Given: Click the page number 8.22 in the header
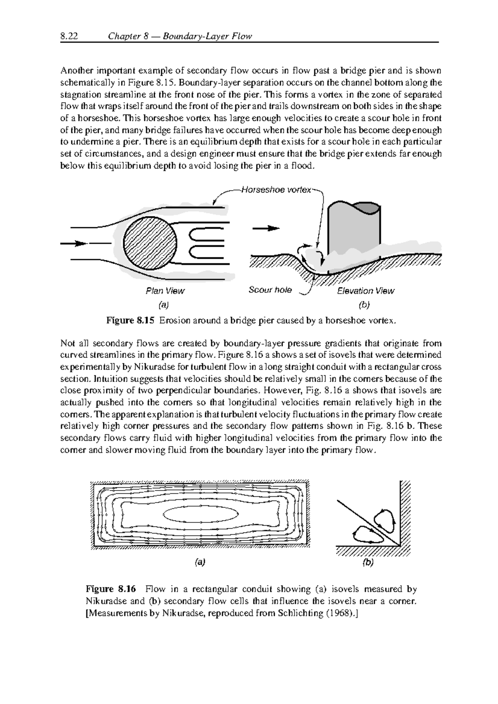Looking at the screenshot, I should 69,36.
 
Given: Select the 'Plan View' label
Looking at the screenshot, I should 165,291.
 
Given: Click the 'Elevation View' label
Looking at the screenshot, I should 366,291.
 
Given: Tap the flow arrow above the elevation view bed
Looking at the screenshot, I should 266,228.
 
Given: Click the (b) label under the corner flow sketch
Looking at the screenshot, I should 368,563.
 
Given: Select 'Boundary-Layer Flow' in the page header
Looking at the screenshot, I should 207,36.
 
